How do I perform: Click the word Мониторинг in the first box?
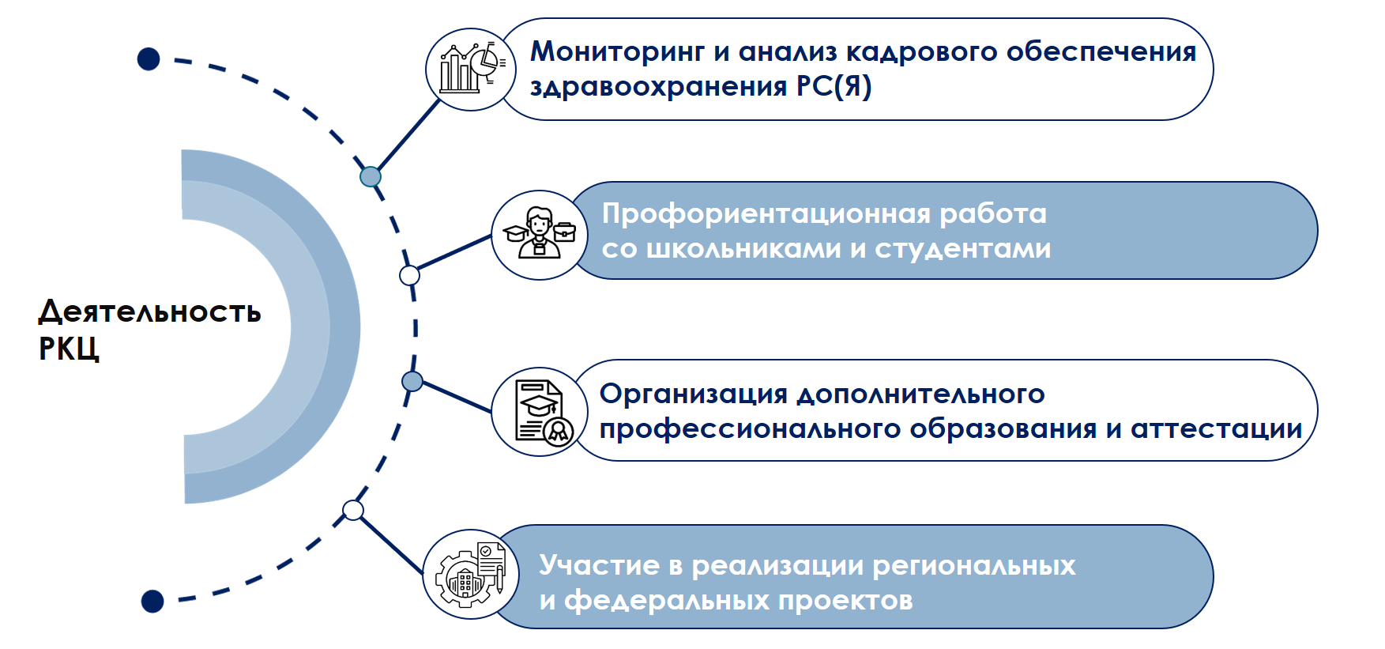tap(618, 52)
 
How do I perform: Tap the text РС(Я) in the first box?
tap(834, 86)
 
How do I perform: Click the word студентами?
tap(962, 249)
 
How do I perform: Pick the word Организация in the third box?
tap(694, 394)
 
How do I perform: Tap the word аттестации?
tap(1216, 428)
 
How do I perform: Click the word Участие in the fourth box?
tap(599, 565)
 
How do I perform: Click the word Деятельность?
tap(149, 312)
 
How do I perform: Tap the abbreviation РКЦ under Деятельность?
tap(69, 349)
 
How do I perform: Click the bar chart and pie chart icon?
tap(471, 69)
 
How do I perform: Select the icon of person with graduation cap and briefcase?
tap(539, 235)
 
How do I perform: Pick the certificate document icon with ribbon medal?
tap(540, 412)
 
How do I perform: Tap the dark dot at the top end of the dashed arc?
tap(149, 59)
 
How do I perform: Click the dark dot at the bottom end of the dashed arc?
tap(152, 602)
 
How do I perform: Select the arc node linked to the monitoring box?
tap(371, 176)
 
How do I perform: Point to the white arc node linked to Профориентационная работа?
tap(409, 275)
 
